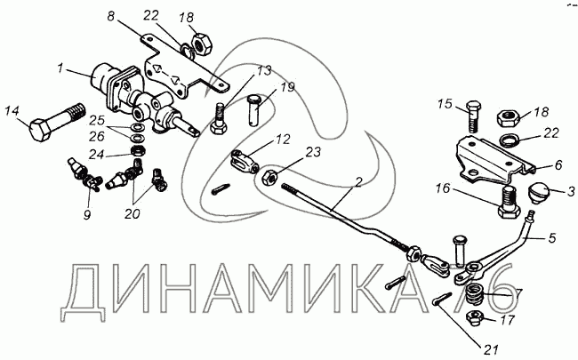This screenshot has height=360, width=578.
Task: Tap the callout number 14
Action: [12, 110]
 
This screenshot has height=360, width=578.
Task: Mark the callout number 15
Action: [446, 104]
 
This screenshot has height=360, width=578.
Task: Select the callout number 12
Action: [282, 140]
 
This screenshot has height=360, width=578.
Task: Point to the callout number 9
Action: [86, 214]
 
